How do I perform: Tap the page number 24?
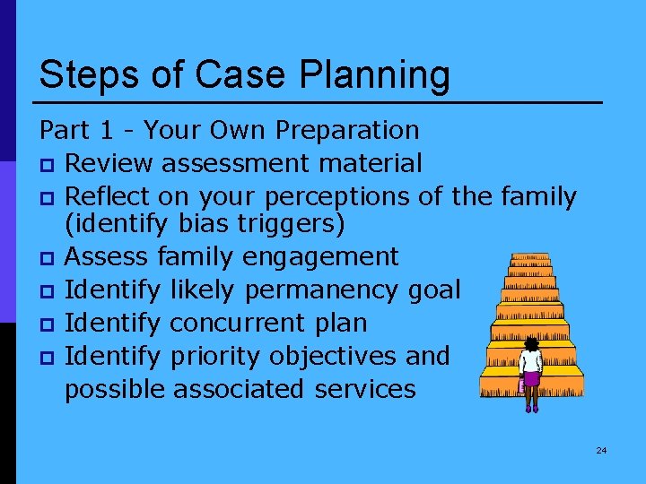(x=601, y=450)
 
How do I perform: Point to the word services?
(x=365, y=389)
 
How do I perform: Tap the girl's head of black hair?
(x=532, y=343)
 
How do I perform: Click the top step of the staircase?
(x=529, y=257)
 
